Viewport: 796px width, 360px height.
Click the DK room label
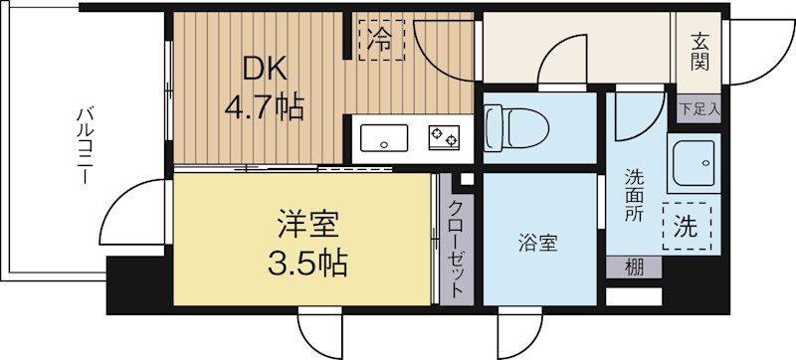coord(266,71)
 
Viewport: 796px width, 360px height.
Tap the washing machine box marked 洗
coord(688,226)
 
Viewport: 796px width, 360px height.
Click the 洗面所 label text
coord(634,195)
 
